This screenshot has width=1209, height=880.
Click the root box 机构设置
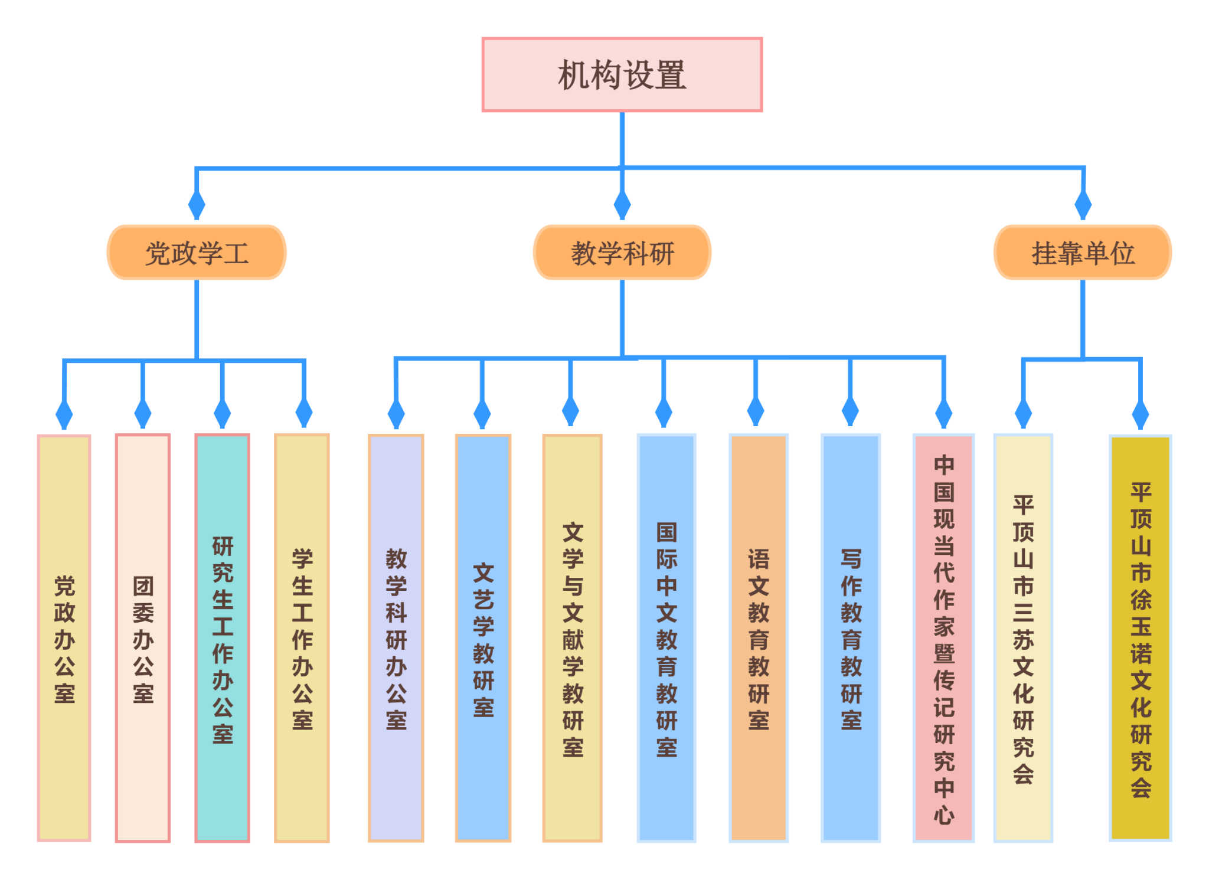[x=622, y=75]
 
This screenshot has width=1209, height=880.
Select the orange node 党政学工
[x=197, y=253]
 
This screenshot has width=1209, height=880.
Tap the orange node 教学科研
[x=622, y=253]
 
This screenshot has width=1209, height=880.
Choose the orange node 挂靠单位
[x=1083, y=253]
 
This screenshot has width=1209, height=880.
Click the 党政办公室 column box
[x=64, y=638]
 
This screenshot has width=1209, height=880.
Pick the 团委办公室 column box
[x=143, y=638]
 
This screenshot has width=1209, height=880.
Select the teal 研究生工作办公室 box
[x=223, y=638]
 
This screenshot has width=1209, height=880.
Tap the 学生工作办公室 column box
[x=302, y=638]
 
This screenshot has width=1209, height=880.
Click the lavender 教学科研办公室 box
[x=396, y=638]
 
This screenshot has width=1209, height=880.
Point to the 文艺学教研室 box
[x=483, y=638]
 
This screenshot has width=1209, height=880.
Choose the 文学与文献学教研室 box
[x=572, y=638]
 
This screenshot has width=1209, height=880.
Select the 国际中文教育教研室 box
[x=666, y=638]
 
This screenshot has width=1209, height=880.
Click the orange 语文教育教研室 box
[x=759, y=638]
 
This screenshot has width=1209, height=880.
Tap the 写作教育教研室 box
[x=851, y=638]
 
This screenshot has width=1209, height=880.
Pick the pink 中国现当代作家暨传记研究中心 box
[x=943, y=638]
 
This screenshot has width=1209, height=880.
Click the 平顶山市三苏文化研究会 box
[x=1023, y=638]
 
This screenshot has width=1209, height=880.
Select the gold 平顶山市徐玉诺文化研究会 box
[x=1141, y=638]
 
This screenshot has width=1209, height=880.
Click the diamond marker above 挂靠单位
[x=1083, y=205]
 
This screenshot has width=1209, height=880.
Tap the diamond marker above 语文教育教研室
[x=756, y=411]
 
